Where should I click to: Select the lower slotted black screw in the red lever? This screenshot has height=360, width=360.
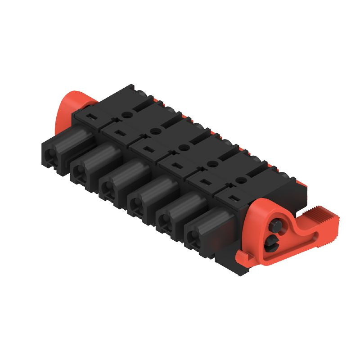(272, 244)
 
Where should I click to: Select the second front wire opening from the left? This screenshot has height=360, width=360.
(79, 171)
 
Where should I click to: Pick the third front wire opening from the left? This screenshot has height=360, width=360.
(108, 188)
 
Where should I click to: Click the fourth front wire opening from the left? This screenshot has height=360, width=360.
(136, 206)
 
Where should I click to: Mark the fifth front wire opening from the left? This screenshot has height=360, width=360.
(165, 222)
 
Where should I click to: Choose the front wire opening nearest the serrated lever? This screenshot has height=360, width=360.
(193, 239)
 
